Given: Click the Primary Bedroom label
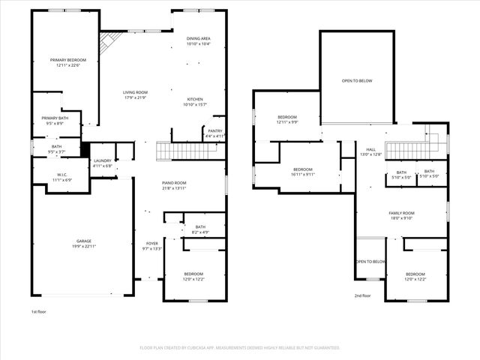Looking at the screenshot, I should tap(68, 60).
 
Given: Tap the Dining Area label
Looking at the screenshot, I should tap(198, 38).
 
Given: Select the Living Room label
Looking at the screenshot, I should tap(136, 92).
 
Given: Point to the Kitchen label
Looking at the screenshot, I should tap(195, 99).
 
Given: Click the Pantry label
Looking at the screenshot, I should tap(214, 130).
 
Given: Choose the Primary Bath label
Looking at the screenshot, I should tap(55, 118).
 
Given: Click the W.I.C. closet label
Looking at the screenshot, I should tap(62, 175).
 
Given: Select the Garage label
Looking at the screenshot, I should tap(73, 241).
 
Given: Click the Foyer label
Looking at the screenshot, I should tap(152, 244).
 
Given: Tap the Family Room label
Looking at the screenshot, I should tap(401, 213).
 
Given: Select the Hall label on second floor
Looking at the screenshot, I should tap(370, 149).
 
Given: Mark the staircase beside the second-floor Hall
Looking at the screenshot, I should tap(409, 148).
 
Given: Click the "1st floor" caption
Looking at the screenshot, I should tap(39, 311).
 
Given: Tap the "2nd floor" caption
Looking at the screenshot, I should tap(363, 295).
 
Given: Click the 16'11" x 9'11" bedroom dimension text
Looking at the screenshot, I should tap(304, 174).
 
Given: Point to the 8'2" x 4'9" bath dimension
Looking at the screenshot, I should tap(200, 232).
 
